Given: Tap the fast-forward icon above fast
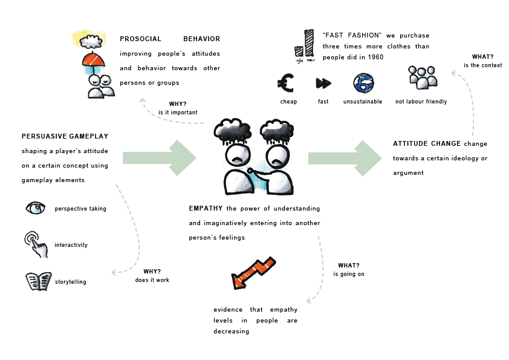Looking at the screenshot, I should coord(323,83).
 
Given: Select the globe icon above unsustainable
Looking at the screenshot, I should coord(363,83).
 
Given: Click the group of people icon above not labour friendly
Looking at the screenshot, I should coord(423,77).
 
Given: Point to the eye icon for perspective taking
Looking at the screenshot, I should coord(35,209).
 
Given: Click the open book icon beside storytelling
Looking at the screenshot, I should coord(38,281).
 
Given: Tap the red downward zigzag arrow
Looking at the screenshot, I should coord(253,273).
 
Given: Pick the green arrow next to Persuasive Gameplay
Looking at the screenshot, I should coord(159,159).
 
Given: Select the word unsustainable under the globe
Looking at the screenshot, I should coord(363,102).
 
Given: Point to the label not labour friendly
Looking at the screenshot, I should coord(421,102).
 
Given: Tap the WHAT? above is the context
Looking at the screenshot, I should coord(482,57).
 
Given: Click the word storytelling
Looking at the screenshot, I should coord(70,282).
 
